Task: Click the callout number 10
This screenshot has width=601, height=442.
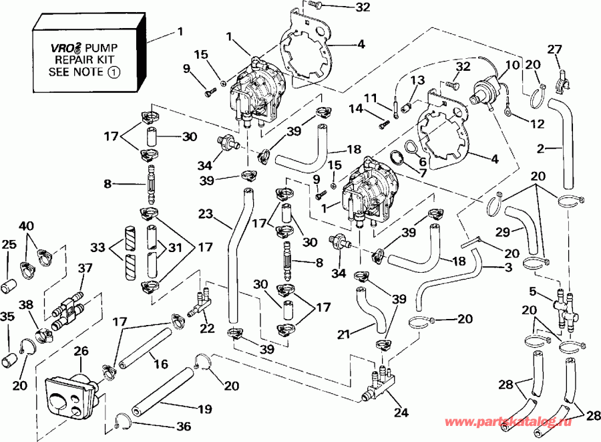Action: tap(512, 66)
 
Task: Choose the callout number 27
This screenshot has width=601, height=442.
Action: tap(555, 48)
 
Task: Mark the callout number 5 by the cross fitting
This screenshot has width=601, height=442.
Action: tap(532, 291)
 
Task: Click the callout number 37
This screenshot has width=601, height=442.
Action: tap(84, 269)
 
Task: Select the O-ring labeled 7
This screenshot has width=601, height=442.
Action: tap(396, 158)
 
